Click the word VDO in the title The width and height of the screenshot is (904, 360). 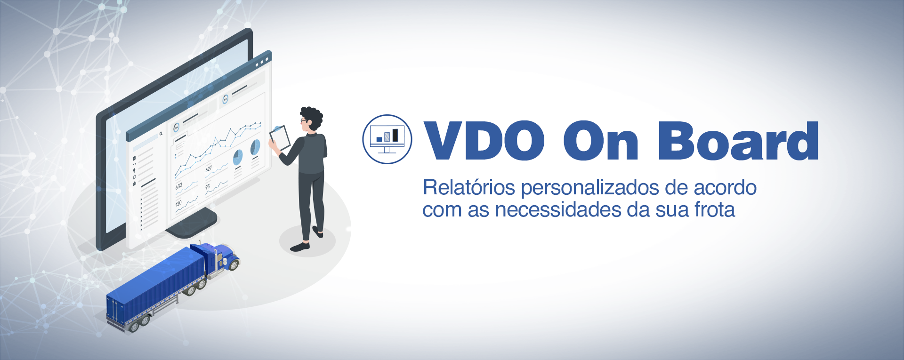484,141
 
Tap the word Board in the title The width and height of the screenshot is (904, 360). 738,140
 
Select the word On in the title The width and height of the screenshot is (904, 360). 601,141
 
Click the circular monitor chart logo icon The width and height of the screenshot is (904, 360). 387,139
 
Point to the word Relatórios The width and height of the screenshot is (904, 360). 469,187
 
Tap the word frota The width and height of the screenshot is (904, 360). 715,209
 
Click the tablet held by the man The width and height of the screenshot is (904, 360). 280,137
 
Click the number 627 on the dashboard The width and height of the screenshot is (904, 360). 209,169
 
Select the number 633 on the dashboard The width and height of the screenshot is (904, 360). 179,186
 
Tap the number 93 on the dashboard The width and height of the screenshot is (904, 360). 208,187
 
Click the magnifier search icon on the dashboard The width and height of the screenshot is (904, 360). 161,134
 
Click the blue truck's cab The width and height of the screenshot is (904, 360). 222,256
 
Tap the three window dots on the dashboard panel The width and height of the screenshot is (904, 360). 262,62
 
